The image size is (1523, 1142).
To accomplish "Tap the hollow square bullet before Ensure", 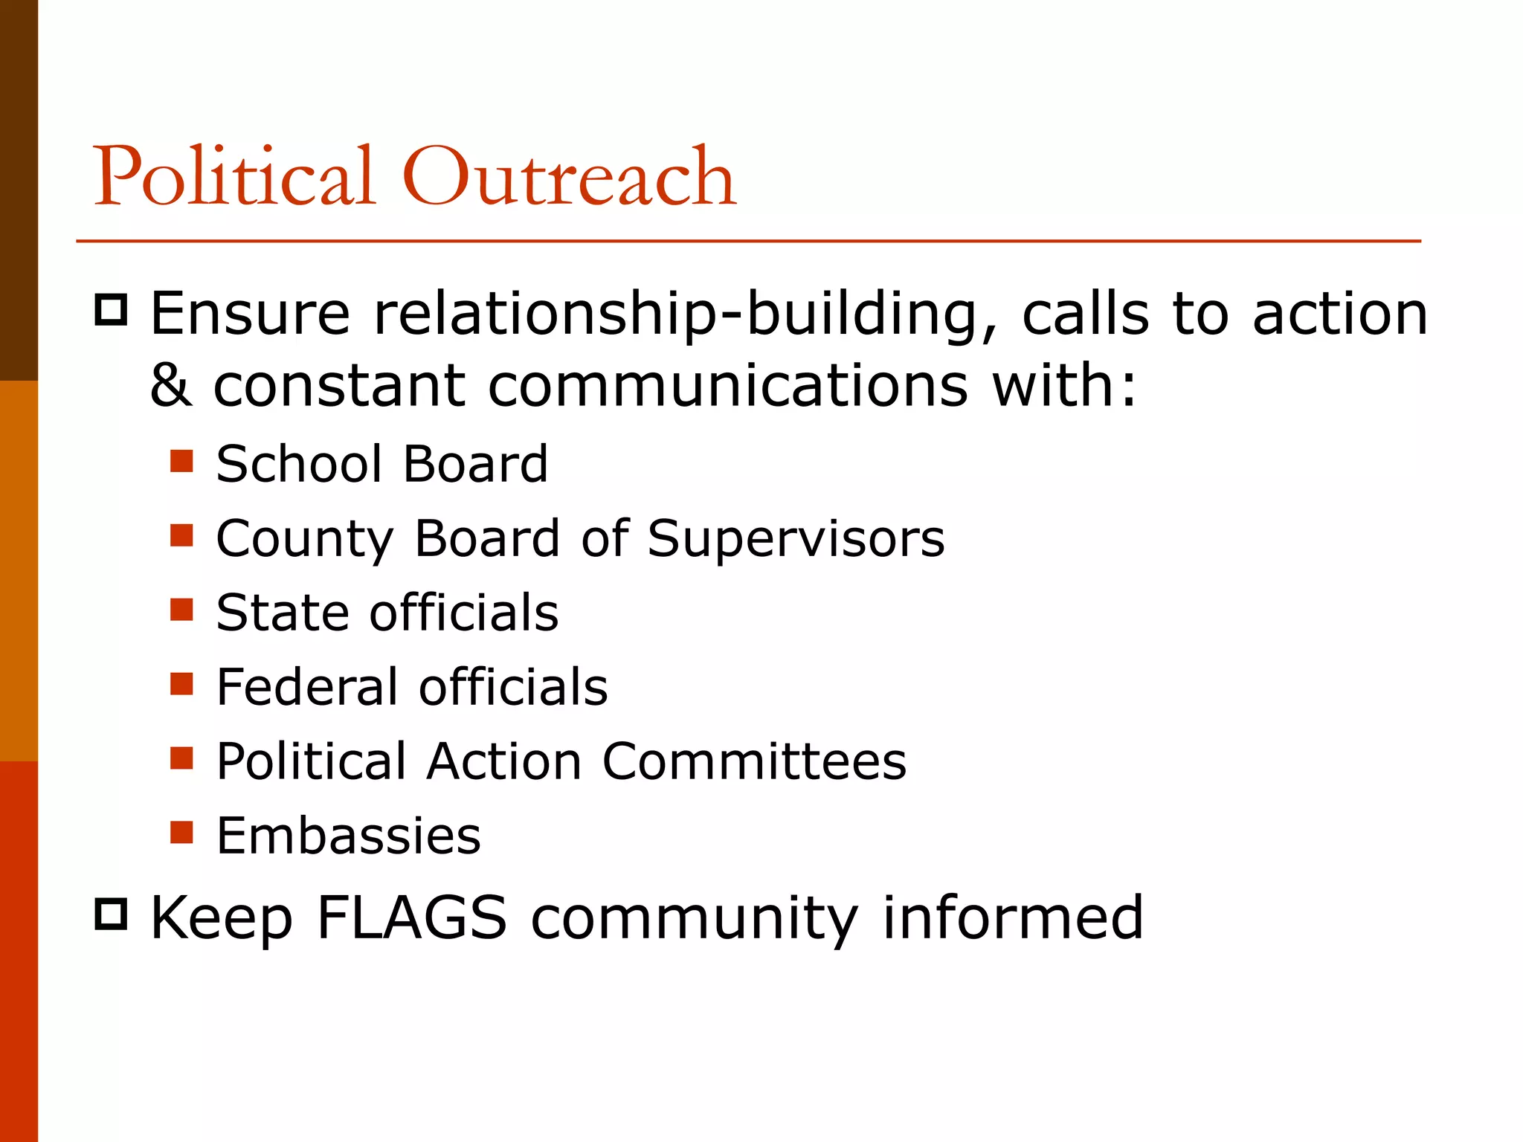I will click(112, 309).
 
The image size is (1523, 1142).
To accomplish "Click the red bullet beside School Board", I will click(181, 461).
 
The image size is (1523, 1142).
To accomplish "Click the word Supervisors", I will click(796, 538).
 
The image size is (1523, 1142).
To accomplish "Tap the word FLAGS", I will click(411, 917).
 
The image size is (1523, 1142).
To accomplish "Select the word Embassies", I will click(348, 836).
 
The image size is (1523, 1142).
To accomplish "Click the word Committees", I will click(754, 761).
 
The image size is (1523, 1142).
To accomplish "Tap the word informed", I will click(1012, 917).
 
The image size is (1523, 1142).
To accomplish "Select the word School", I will click(299, 464).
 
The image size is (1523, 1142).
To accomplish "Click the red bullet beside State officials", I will click(181, 610).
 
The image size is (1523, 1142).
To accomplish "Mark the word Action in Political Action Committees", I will click(504, 761).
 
